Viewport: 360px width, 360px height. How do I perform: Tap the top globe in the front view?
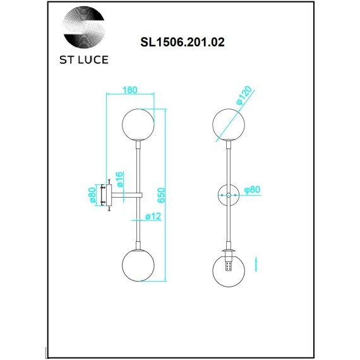[228, 124]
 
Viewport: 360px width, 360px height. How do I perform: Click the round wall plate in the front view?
[228, 195]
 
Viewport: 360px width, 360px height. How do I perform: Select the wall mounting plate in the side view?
[110, 195]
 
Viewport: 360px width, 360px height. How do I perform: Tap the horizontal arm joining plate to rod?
[126, 195]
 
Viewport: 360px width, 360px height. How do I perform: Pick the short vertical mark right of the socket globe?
[256, 262]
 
